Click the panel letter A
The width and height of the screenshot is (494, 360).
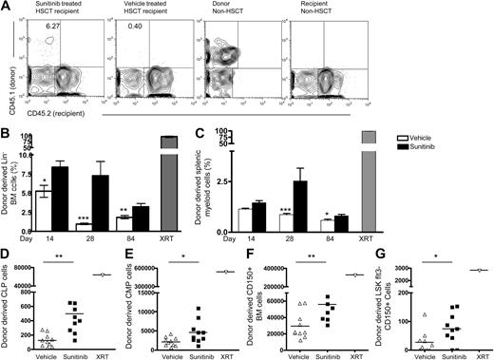point(7,7)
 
